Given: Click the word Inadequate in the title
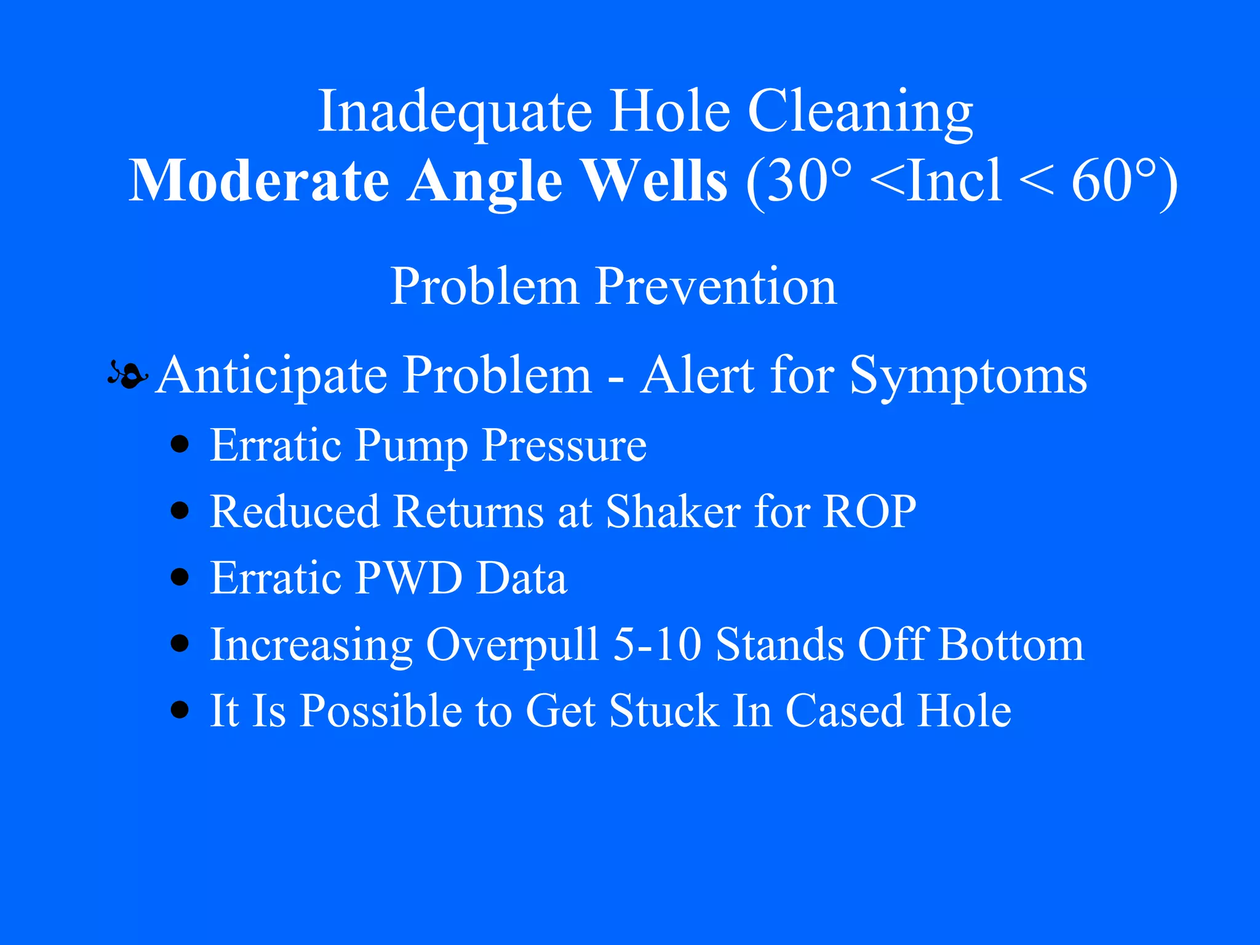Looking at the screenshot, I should [455, 112].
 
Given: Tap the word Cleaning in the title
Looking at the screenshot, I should [859, 112].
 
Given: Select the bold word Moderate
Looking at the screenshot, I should [259, 181].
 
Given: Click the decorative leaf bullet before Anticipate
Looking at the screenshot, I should [128, 374].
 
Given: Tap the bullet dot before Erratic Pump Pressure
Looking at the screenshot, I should [180, 444].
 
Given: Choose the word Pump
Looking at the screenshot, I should [411, 445].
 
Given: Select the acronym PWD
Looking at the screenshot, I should [409, 578].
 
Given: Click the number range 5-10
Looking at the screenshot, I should [657, 644].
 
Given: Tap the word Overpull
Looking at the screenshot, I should [512, 645].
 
